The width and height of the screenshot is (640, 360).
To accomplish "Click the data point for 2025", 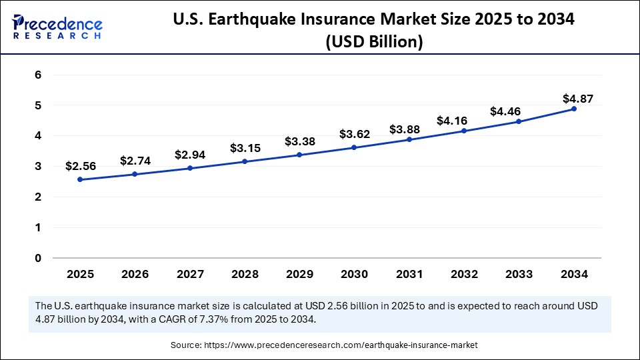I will (80, 179).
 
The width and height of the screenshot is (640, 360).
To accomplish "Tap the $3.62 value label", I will (354, 134).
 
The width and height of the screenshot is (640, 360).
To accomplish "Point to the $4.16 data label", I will (451, 121).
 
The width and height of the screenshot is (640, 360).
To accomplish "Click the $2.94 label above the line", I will (190, 155).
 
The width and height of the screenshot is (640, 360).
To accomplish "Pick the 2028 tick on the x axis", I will (245, 274).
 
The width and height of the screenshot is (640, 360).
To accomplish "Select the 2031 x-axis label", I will (409, 274).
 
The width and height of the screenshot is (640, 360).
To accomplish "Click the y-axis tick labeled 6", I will (38, 75).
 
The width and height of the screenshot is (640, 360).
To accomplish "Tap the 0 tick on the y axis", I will (38, 258).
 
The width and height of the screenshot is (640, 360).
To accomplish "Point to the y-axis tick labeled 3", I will (38, 167).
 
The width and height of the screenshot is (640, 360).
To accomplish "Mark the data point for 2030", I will (354, 147).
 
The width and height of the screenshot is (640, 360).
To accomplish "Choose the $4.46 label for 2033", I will (506, 111).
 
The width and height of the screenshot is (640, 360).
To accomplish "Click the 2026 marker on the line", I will (135, 174).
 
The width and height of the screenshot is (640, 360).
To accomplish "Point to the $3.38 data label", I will (299, 141).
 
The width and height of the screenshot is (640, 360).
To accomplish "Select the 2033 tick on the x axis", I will (519, 274).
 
